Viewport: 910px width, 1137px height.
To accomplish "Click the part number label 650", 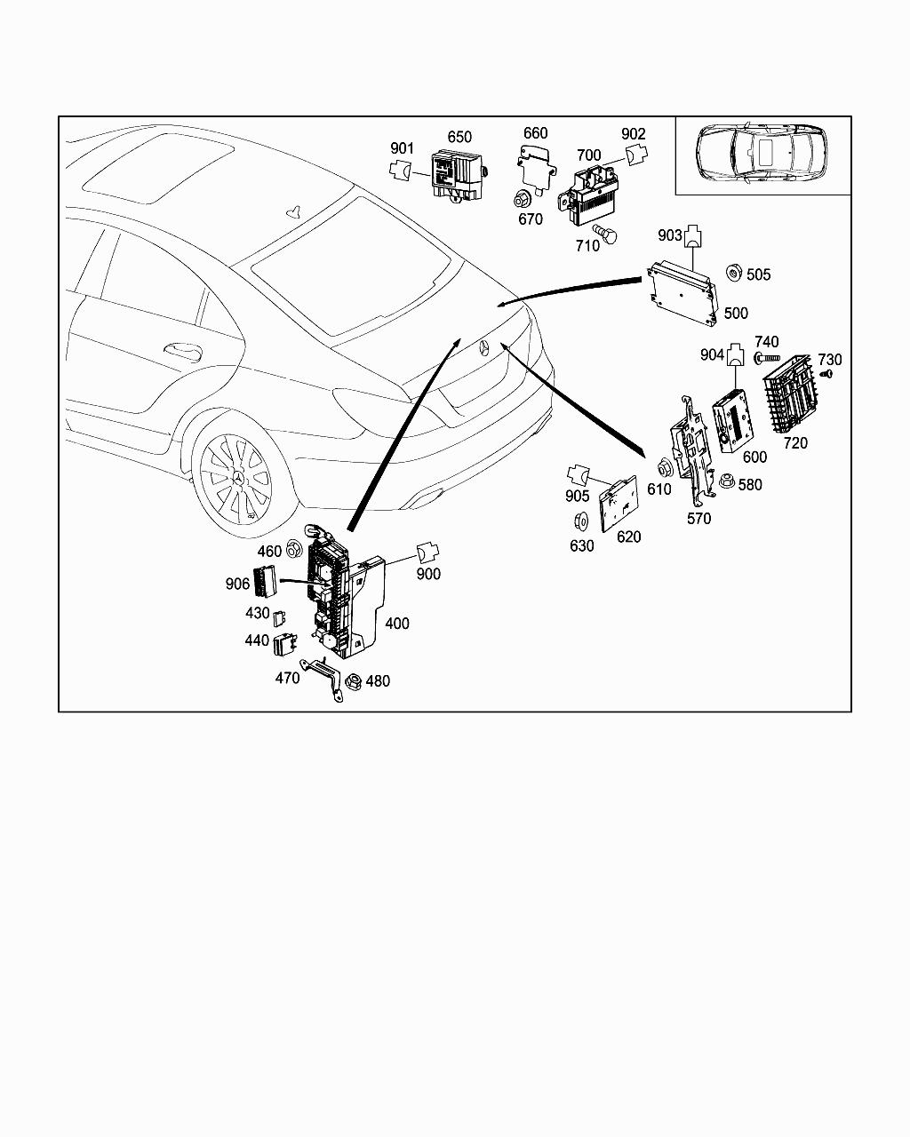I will point(459,137).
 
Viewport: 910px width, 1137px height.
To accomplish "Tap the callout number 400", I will point(396,624).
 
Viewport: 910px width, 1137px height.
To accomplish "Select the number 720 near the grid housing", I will point(794,442).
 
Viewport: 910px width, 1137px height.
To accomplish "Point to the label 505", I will point(758,274).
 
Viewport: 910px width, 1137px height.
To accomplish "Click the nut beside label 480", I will point(351,682).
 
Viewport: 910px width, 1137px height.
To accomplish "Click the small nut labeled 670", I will point(525,197).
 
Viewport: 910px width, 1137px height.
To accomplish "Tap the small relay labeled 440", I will point(285,642).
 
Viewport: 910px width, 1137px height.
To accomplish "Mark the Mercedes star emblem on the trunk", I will point(486,346).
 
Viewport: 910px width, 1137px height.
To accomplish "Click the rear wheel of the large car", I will point(235,481).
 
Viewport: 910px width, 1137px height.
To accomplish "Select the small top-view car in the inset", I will point(762,154).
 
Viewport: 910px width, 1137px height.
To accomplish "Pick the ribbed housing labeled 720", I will point(790,395).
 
